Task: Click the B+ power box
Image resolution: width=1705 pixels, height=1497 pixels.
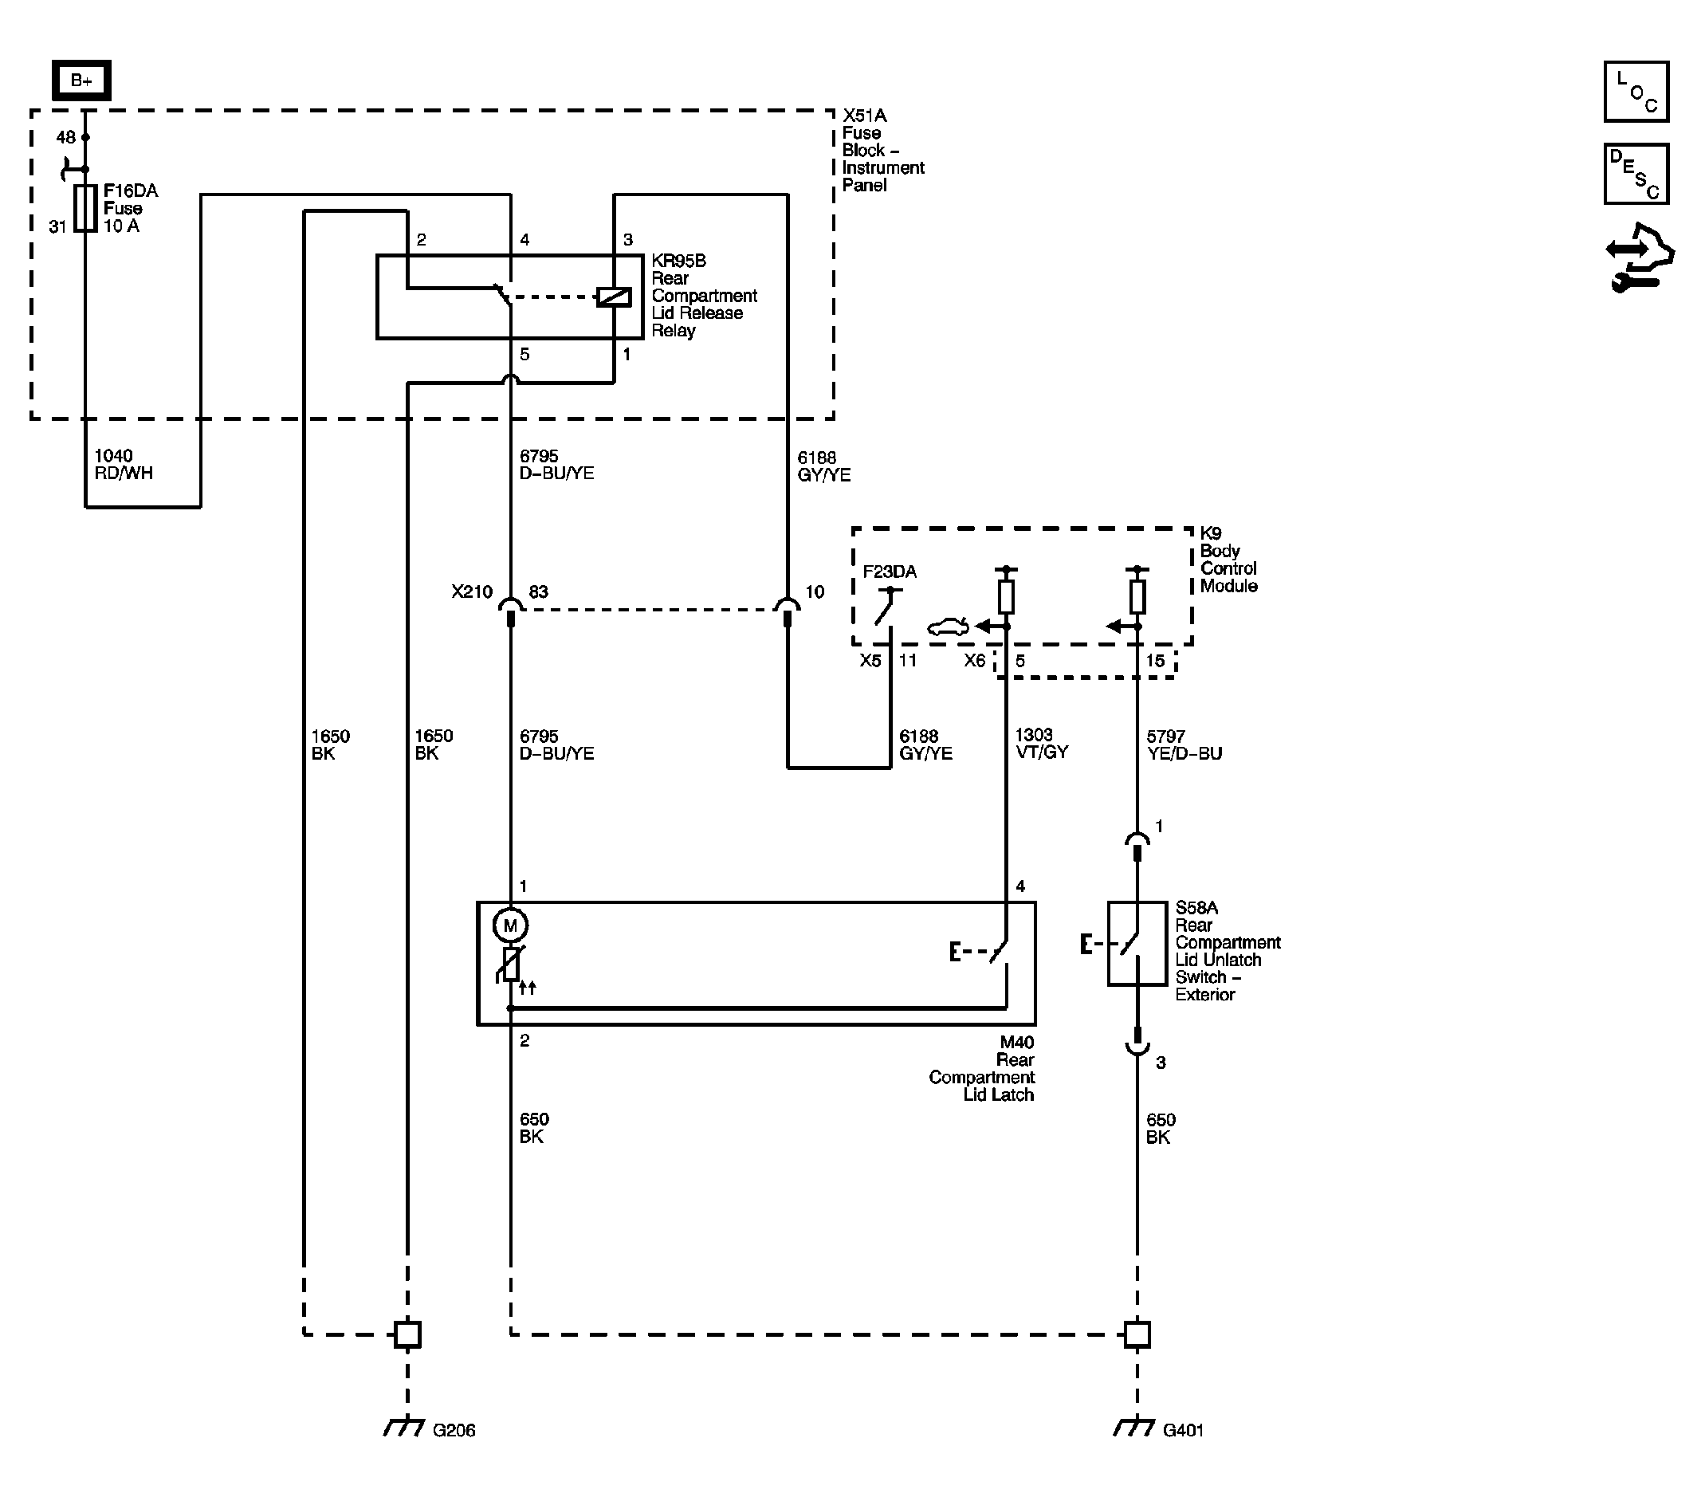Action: coord(81,80)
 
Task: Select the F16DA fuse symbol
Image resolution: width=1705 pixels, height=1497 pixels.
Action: coord(85,208)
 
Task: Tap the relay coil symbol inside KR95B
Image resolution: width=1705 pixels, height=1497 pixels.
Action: coord(614,297)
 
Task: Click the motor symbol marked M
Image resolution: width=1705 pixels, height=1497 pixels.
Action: coord(510,925)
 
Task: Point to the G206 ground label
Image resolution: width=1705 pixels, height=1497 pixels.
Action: coord(454,1430)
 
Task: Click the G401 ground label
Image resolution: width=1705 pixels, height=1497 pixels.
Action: coord(1183,1430)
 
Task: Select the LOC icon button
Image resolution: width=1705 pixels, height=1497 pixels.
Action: coord(1636,92)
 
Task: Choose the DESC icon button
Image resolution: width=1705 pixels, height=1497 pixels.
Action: coord(1636,174)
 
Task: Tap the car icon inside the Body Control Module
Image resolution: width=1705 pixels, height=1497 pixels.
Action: coord(949,627)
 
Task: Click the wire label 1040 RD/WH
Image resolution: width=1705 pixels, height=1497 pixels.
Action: coord(124,465)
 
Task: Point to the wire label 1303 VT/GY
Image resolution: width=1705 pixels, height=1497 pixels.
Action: coord(1041,743)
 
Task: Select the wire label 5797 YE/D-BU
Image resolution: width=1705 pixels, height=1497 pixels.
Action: coord(1184,745)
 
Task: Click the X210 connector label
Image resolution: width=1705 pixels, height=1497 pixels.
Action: coord(472,591)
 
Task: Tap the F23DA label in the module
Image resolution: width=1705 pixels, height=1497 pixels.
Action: coord(890,572)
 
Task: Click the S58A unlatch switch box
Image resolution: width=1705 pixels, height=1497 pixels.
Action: coord(1137,943)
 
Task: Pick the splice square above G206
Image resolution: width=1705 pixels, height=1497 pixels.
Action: coord(407,1334)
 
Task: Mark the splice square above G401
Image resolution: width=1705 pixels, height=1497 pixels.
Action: coord(1137,1334)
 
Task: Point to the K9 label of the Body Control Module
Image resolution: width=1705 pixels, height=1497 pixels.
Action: coord(1210,533)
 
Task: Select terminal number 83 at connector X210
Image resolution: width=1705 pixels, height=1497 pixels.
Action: coord(539,591)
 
